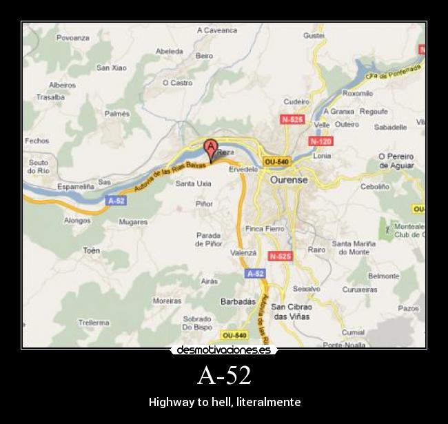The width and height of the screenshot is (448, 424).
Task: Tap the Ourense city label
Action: (289, 179)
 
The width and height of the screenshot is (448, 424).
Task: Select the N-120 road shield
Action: (320, 141)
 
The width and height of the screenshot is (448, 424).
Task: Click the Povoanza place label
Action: (73, 38)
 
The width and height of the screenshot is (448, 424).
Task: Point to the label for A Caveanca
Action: (217, 30)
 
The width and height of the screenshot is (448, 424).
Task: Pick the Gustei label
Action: (314, 34)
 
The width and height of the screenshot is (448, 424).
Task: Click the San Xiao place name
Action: (111, 68)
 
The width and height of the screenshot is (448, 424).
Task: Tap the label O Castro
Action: (177, 83)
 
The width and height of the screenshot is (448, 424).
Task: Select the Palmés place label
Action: (116, 113)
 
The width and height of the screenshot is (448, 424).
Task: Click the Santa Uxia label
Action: (193, 183)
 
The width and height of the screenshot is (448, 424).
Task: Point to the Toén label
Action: (92, 250)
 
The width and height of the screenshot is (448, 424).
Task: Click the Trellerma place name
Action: (94, 322)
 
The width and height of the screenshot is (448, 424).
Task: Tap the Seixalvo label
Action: (306, 289)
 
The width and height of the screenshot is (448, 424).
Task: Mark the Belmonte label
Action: (383, 276)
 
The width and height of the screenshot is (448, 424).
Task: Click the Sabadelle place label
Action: (390, 127)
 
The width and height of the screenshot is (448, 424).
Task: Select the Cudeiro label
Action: (296, 101)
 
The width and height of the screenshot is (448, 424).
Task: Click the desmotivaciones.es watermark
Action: (223, 350)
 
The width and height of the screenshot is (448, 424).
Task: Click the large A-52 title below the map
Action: (223, 376)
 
